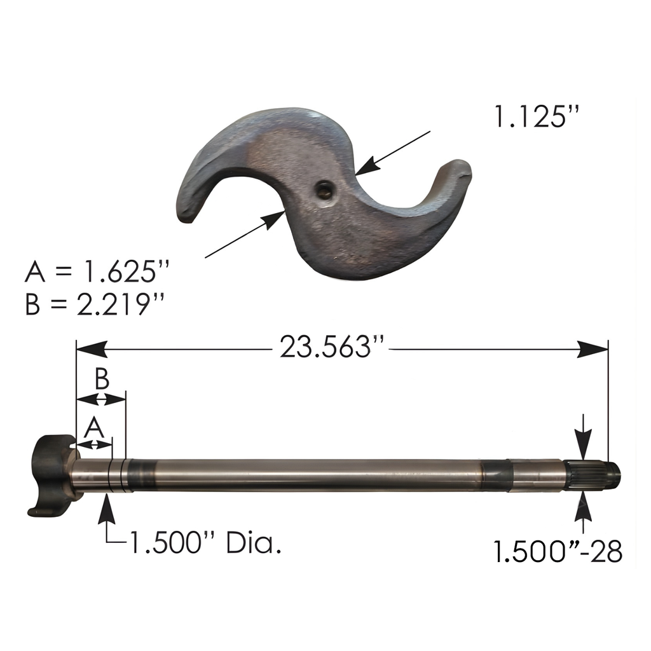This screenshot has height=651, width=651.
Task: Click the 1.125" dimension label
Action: (x=536, y=116)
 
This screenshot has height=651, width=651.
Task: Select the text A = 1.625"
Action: (x=97, y=272)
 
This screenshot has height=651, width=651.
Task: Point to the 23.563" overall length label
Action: (x=330, y=346)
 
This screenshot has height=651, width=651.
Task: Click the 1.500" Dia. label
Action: (x=205, y=542)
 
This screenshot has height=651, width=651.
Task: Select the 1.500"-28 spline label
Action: (x=558, y=551)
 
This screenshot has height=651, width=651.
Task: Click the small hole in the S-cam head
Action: (x=324, y=191)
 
